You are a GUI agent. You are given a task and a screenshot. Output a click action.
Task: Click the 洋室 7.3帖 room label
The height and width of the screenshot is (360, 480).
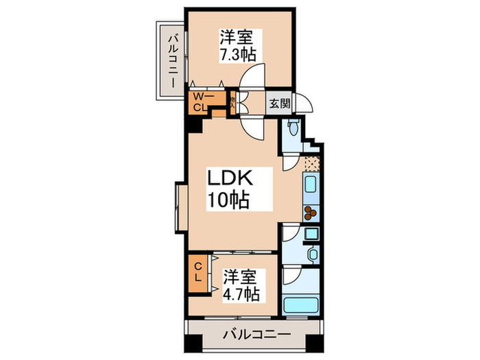[232, 45]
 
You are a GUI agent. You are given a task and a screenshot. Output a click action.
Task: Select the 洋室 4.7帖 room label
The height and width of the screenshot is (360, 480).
[240, 287]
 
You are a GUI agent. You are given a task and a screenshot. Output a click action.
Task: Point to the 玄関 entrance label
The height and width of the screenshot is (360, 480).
[278, 104]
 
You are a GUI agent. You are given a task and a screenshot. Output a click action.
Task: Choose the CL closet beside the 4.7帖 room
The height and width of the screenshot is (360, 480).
[197, 272]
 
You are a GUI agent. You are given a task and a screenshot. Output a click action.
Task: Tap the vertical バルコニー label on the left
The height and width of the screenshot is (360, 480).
[171, 60]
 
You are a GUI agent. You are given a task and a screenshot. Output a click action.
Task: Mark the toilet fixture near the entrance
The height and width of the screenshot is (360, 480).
[293, 128]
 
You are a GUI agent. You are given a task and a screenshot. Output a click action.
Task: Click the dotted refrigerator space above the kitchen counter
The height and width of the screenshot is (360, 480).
[312, 164]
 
